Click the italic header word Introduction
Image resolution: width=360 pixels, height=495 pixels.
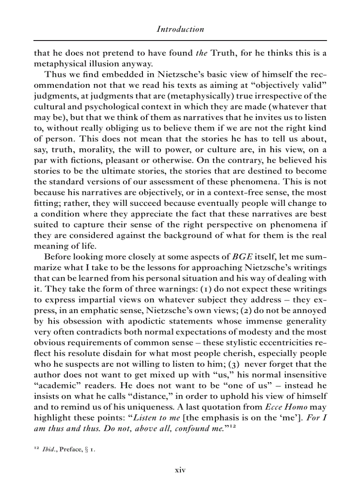(180, 30)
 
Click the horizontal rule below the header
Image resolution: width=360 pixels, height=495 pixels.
(180, 41)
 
